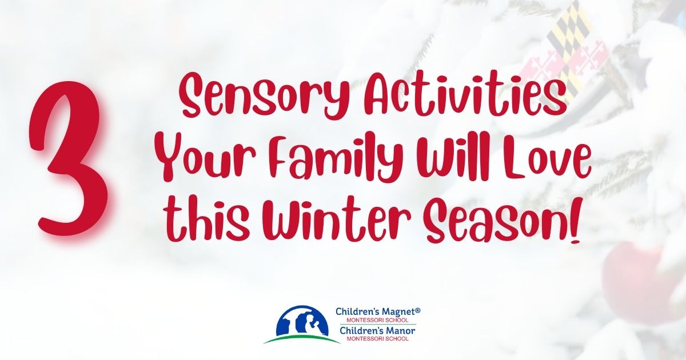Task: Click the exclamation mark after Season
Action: click(567, 221)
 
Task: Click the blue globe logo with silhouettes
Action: click(302, 324)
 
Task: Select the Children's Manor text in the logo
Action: click(376, 331)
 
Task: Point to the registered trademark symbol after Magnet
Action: click(417, 311)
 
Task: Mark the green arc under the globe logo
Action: click(302, 339)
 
